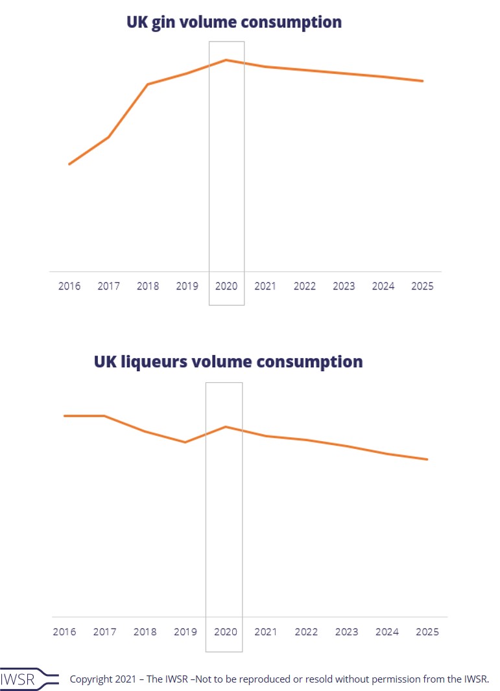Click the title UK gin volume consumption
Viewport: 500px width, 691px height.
point(233,22)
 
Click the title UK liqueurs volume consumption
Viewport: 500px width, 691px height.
point(228,361)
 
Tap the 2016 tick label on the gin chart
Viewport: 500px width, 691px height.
point(69,286)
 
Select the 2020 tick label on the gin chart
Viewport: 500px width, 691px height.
point(226,286)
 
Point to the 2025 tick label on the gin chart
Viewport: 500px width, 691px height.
point(423,286)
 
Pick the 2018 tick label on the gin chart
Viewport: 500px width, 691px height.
point(148,286)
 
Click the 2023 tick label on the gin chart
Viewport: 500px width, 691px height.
point(344,286)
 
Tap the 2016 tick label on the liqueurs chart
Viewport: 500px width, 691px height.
point(64,632)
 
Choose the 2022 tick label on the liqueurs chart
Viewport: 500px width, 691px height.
point(306,632)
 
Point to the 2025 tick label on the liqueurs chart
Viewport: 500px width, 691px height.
point(427,632)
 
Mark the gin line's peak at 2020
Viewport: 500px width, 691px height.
point(226,60)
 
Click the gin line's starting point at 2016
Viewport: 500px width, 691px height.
point(69,164)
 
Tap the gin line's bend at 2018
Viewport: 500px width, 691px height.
point(148,84)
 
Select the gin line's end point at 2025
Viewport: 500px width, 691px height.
point(423,81)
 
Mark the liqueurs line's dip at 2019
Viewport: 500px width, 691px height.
point(185,442)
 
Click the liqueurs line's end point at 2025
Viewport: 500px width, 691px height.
point(427,459)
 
